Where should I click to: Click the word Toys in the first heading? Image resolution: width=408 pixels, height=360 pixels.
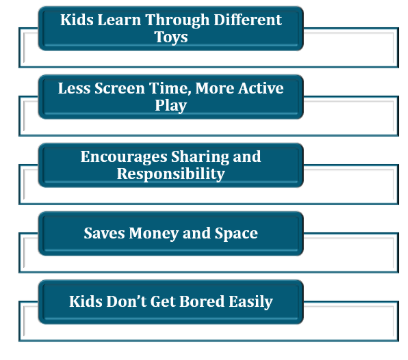[171, 37]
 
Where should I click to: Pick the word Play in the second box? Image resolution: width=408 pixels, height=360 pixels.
[171, 105]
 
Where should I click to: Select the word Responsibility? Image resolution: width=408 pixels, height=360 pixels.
[171, 173]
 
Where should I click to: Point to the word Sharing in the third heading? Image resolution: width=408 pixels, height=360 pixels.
[205, 156]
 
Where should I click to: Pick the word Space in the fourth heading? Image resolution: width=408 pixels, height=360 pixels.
[235, 233]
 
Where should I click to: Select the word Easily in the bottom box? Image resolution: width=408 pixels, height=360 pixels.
[249, 301]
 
